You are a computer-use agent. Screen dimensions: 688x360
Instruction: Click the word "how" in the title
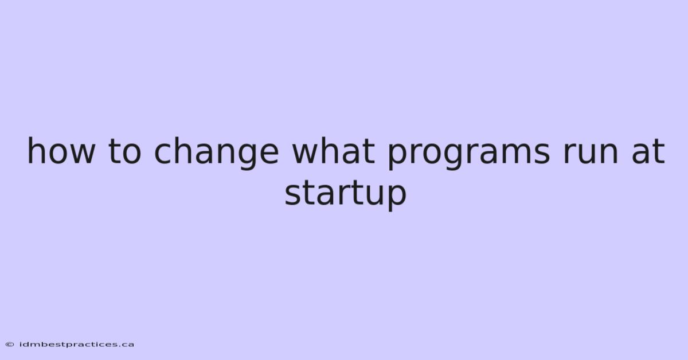61,151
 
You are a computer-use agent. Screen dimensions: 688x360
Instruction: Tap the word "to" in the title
124,151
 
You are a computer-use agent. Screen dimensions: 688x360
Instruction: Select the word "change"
217,153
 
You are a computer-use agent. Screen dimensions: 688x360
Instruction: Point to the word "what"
333,151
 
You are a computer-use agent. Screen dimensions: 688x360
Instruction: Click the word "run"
591,153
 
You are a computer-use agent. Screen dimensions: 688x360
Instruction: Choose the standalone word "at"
648,151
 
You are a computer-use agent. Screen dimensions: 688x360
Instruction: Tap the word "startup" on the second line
345,194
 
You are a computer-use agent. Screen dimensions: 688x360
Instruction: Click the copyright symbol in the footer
10,345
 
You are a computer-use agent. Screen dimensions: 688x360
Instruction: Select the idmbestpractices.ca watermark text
76,345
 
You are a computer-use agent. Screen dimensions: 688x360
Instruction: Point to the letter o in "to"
131,154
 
